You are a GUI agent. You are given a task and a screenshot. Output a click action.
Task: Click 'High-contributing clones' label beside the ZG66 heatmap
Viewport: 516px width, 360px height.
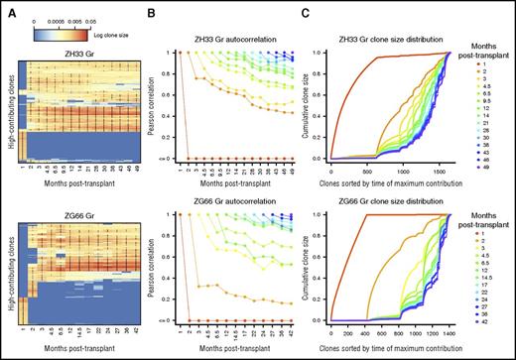point(11,268)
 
